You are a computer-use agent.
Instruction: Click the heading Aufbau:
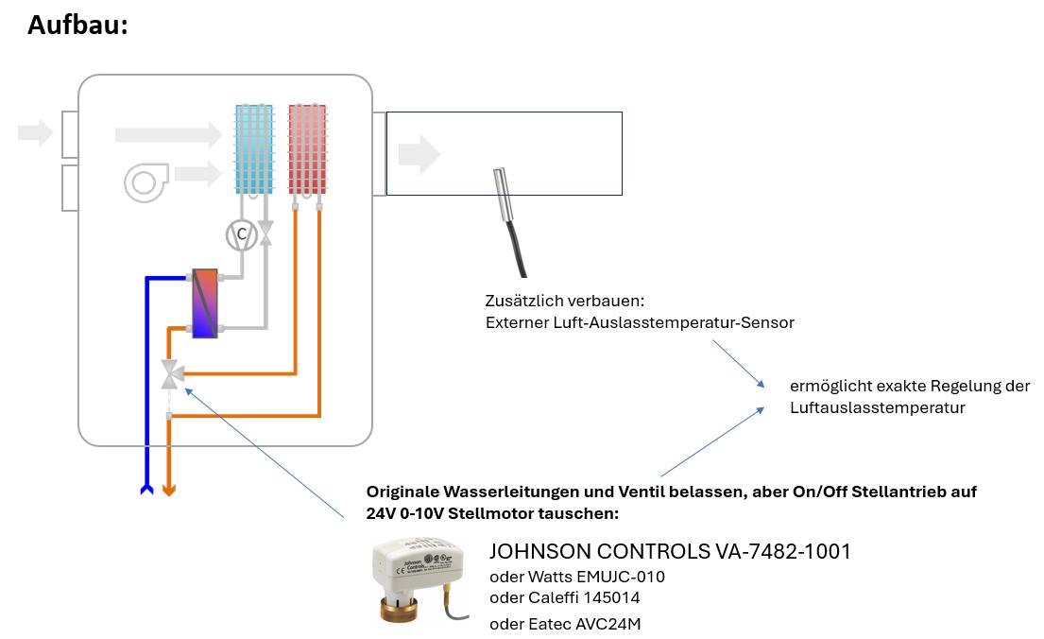pos(77,25)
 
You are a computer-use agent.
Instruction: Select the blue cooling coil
pos(254,148)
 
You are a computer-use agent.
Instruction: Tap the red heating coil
pos(307,148)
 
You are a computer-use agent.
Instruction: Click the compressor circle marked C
pos(241,233)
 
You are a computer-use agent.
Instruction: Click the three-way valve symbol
pos(171,374)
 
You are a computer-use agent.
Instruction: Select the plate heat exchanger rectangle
pos(205,303)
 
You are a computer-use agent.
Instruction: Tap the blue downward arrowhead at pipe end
pos(146,489)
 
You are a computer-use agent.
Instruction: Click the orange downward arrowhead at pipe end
pos(169,489)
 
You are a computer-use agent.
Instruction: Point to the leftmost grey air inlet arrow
pos(35,132)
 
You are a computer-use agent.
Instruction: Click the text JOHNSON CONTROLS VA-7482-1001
pos(669,551)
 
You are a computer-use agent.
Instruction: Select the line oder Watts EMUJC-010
pos(583,576)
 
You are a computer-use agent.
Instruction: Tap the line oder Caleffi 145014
pos(571,598)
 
